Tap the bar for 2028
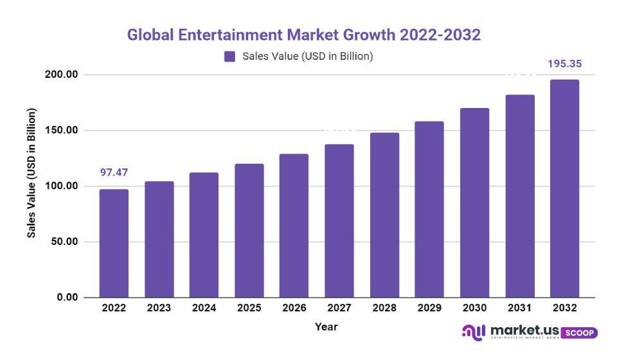(384, 215)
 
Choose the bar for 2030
(474, 203)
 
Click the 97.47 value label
(114, 172)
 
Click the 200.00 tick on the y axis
(62, 75)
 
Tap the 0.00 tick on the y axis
(67, 298)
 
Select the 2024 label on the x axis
(204, 308)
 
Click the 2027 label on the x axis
(339, 308)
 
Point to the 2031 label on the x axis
(519, 308)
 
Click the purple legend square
(229, 57)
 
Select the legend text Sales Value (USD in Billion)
(307, 57)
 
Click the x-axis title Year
(326, 327)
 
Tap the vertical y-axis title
(31, 173)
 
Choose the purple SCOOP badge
(580, 332)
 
